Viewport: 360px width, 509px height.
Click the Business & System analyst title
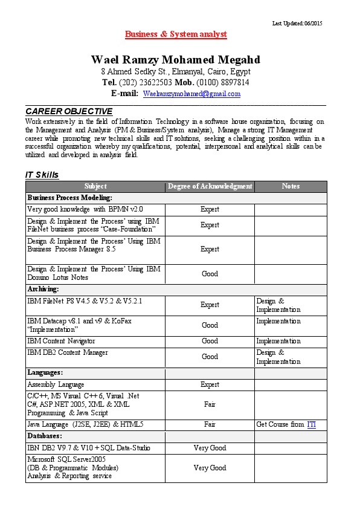(x=176, y=34)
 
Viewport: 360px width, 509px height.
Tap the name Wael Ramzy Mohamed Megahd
(x=176, y=60)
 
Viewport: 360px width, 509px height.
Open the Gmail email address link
(x=191, y=94)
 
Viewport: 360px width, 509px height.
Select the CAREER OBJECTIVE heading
(x=69, y=111)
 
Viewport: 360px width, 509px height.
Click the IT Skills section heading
(x=42, y=175)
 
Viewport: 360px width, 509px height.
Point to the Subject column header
(x=95, y=186)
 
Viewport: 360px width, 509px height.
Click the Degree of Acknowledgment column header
(x=210, y=186)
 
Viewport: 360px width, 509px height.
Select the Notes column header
(x=291, y=186)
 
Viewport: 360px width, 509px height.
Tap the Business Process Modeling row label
(x=70, y=198)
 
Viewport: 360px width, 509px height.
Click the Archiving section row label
(x=43, y=290)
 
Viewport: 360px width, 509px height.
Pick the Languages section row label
(x=45, y=372)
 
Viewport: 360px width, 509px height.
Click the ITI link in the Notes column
(x=311, y=424)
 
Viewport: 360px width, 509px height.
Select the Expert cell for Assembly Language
(x=210, y=384)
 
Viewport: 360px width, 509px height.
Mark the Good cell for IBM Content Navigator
(x=210, y=342)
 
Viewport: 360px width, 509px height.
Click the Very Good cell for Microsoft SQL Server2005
(x=210, y=468)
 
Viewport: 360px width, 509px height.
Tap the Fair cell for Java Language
(x=210, y=424)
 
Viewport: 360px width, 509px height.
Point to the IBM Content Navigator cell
(x=61, y=342)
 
